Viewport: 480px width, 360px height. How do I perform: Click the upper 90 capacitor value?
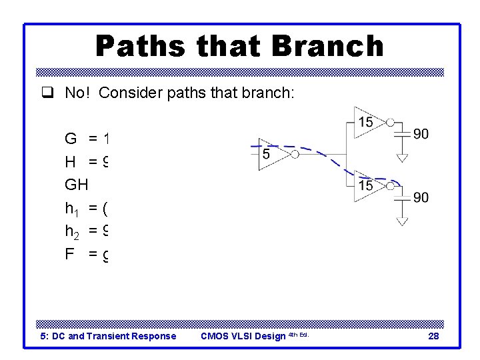[x=421, y=134]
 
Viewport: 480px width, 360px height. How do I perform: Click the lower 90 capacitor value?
[x=421, y=197]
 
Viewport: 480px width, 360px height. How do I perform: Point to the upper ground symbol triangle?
[x=402, y=158]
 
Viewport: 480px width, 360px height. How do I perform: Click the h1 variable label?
[x=71, y=209]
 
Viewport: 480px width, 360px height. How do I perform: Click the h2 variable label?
[x=71, y=231]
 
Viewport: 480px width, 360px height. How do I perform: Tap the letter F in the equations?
[x=69, y=253]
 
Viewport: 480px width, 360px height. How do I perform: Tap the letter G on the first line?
[x=71, y=139]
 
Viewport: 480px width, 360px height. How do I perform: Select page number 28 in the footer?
[x=433, y=336]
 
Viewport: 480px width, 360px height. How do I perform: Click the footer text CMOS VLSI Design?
[x=243, y=336]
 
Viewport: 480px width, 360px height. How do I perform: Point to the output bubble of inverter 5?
[x=294, y=155]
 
